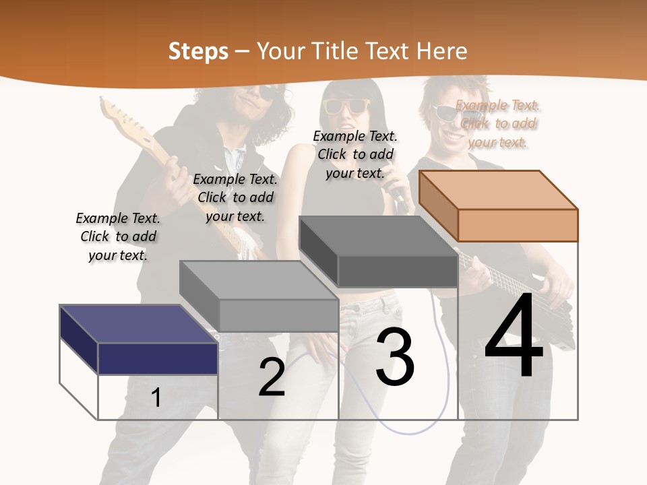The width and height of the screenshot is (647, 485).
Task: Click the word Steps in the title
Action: [198, 51]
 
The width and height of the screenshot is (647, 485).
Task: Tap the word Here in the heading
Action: [441, 51]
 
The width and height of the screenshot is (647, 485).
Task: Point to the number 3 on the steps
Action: [394, 356]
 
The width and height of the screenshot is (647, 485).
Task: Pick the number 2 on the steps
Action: [272, 377]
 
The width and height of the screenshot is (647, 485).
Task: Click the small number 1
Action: [156, 397]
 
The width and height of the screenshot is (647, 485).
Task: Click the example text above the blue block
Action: [118, 236]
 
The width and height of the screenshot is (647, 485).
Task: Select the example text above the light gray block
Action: [235, 197]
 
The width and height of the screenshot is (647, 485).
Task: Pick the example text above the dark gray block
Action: [355, 154]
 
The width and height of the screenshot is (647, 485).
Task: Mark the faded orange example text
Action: [497, 123]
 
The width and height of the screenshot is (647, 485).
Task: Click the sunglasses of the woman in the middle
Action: [347, 106]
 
